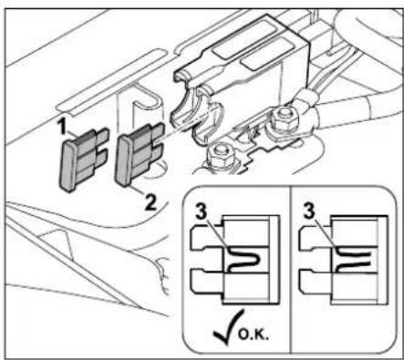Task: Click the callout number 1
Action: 62,127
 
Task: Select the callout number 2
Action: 150,202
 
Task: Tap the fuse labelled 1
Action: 82,159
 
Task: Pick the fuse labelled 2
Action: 139,155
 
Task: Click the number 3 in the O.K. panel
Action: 202,211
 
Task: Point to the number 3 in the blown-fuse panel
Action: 309,211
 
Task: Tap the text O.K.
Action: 254,334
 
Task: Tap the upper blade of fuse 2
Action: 156,132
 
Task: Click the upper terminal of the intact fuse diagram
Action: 207,238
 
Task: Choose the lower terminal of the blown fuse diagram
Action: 316,281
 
